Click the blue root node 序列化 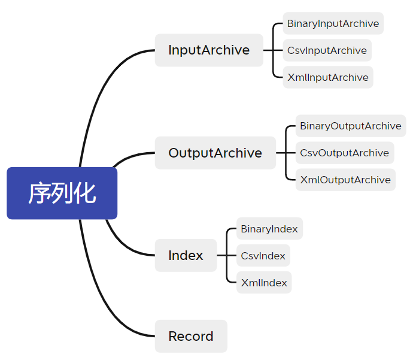[62, 193]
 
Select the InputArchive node [209, 50]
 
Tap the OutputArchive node [215, 153]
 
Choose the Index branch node [186, 255]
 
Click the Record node [190, 336]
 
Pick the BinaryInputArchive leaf [333, 23]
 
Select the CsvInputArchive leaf [327, 50]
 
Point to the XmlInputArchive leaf [327, 77]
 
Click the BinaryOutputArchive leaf [350, 126]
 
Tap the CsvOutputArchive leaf [344, 153]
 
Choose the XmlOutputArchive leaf [345, 180]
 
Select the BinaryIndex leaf [269, 229]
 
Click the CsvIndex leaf [263, 256]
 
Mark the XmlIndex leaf [263, 283]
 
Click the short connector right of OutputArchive [281, 153]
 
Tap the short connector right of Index [221, 255]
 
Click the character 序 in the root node [40, 193]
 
